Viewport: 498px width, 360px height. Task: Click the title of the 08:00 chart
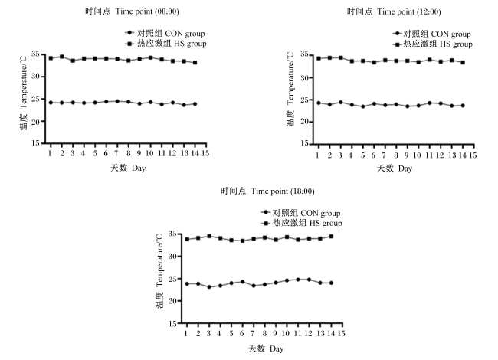tap(132, 11)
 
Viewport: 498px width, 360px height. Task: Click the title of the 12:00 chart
tap(394, 11)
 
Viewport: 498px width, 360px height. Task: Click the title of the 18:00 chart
tap(267, 191)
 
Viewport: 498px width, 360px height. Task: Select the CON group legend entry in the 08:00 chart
tap(165, 33)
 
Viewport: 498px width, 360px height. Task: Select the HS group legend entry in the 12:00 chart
tap(432, 44)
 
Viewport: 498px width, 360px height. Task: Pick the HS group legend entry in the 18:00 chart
tap(301, 223)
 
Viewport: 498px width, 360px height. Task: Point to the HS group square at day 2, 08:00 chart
tap(62, 57)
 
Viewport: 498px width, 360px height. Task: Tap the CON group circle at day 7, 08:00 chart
tap(117, 101)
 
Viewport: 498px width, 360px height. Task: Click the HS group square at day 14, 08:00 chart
tap(195, 63)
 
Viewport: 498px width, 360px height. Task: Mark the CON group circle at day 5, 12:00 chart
tap(363, 106)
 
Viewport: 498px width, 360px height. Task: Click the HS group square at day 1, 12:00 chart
tap(319, 58)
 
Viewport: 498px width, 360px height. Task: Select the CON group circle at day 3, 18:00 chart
tap(209, 287)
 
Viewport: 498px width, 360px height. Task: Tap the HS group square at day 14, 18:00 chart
tap(331, 237)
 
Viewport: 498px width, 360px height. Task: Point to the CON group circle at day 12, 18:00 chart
tap(309, 280)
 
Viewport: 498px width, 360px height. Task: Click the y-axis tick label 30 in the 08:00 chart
tap(35, 77)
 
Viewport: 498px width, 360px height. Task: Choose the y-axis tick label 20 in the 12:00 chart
tap(304, 122)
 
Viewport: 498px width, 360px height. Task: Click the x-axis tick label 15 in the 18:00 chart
tap(341, 334)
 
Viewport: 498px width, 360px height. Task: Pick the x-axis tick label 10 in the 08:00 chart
tap(149, 154)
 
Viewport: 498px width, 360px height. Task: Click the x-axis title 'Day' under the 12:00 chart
tap(405, 169)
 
